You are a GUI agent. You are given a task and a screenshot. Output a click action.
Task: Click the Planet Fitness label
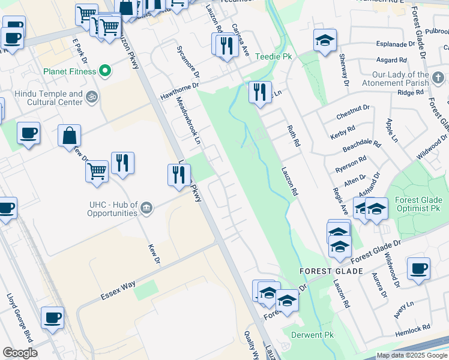click(x=69, y=71)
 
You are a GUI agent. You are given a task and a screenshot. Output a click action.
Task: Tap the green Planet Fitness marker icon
click(x=106, y=71)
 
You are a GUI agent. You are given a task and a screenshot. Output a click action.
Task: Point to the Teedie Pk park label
click(x=273, y=56)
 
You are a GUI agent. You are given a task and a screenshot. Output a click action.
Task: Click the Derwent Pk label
click(x=312, y=334)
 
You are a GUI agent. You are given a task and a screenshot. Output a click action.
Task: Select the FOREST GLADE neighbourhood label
click(x=331, y=271)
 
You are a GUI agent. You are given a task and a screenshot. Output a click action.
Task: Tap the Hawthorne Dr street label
click(x=179, y=91)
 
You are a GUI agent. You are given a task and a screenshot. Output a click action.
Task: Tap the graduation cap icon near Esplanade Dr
click(x=325, y=40)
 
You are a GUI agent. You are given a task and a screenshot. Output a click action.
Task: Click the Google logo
click(x=20, y=353)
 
